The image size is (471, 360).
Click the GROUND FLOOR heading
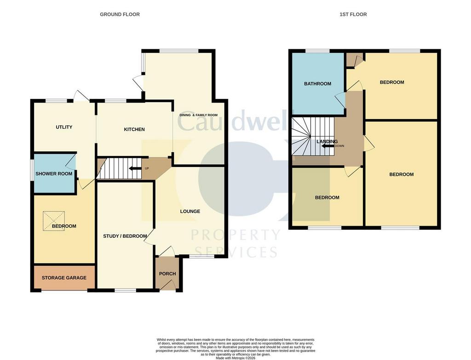coord(120,14)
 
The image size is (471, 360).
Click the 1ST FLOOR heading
coord(353,14)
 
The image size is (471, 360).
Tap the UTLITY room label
coord(64,127)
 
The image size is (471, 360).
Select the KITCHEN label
coord(134,129)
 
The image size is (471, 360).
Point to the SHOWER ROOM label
coord(54,173)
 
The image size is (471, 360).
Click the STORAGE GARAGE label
coord(64,278)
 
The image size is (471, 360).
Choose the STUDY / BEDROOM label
coord(125,236)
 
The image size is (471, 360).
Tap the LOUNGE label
coord(190,211)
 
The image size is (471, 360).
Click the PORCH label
coord(167,274)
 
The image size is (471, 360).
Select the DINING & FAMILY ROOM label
coord(198,115)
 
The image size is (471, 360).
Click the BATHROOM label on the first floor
coord(317,84)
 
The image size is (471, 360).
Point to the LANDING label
coord(327,142)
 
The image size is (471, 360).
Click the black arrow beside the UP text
coord(135,168)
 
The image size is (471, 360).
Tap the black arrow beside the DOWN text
coord(327,146)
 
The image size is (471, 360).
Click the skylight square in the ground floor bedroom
coord(54,221)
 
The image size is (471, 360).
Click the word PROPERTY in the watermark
coord(236,235)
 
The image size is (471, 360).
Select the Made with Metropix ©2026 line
coord(235,358)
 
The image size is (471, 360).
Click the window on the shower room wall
coord(32,170)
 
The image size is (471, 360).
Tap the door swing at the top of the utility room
coord(81,95)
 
